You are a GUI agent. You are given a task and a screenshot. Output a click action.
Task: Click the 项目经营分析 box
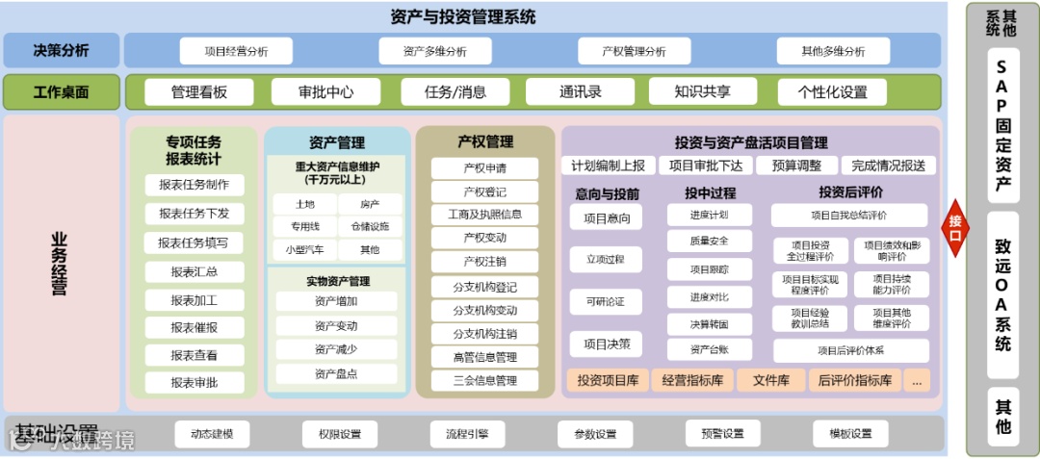pos(237,51)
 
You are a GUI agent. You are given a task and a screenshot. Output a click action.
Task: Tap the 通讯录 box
pos(581,92)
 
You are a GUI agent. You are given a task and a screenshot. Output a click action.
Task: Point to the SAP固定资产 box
pos(1002,126)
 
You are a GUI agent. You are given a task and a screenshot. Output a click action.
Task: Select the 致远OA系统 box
pos(1002,294)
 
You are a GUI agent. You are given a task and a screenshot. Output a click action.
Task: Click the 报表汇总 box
pos(195,272)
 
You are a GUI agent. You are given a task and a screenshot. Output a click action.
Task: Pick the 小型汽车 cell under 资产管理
pos(304,249)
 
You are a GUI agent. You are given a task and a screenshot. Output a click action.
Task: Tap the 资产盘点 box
pos(335,373)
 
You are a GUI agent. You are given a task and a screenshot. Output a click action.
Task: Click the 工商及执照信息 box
pos(485,215)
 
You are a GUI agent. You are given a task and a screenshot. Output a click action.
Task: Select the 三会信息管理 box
pos(485,381)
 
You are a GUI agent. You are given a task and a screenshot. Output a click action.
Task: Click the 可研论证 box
pos(606,302)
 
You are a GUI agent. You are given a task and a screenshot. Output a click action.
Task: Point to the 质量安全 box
pos(710,241)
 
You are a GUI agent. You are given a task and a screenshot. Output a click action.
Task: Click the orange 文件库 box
pos(770,381)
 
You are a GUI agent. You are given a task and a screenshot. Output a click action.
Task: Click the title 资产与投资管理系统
pos(463,16)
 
